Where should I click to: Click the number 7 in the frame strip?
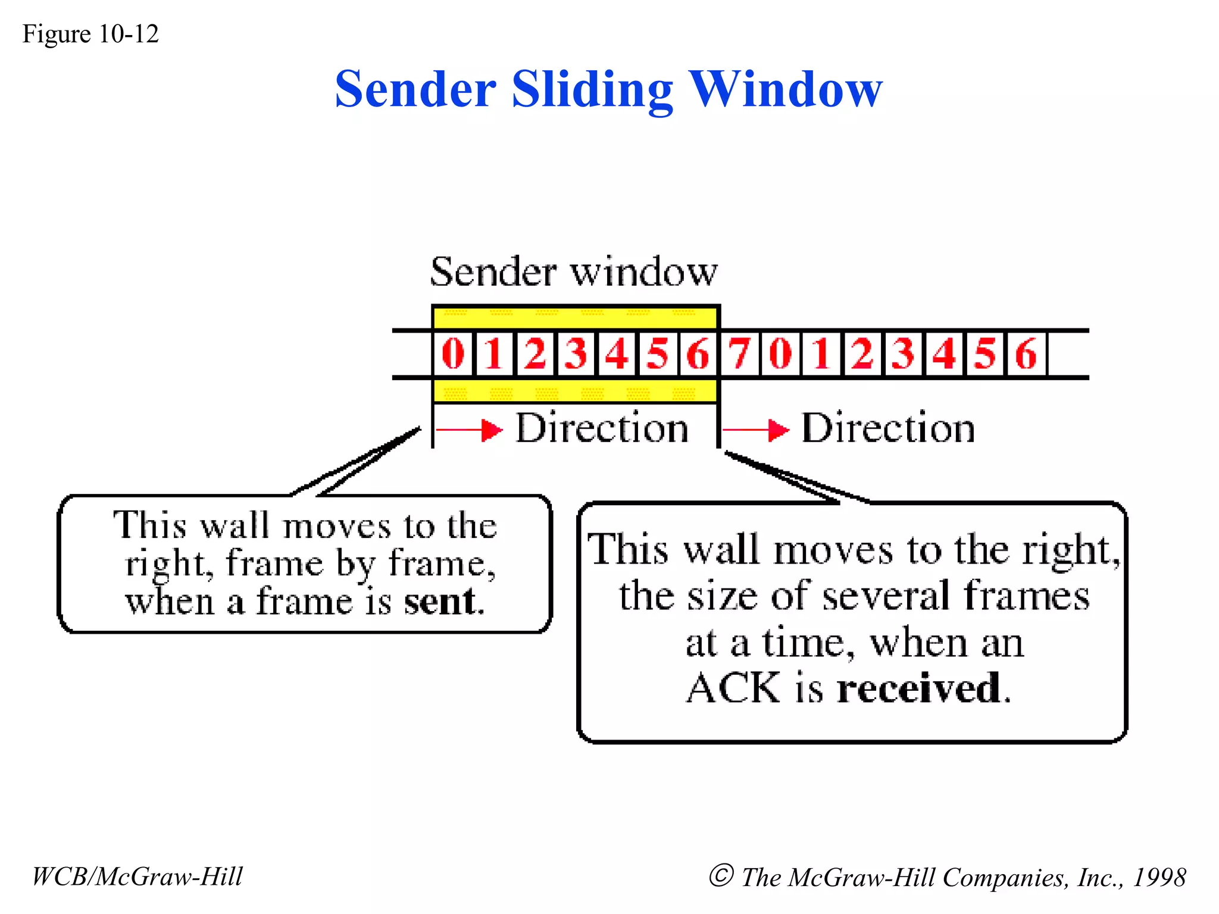click(740, 353)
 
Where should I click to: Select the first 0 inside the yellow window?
click(453, 353)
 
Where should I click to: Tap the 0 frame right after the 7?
click(780, 353)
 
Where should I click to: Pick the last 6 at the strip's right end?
click(1026, 353)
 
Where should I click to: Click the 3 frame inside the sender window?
click(576, 353)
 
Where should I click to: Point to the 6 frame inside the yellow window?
click(698, 353)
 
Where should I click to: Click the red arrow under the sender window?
click(470, 429)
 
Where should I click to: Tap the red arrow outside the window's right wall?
click(757, 429)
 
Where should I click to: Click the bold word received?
click(920, 688)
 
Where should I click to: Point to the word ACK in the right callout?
click(733, 688)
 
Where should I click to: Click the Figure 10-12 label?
click(90, 34)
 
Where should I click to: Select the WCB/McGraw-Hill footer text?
click(137, 877)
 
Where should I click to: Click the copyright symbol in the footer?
click(721, 875)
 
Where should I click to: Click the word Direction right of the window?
click(888, 428)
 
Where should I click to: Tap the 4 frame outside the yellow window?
click(944, 353)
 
